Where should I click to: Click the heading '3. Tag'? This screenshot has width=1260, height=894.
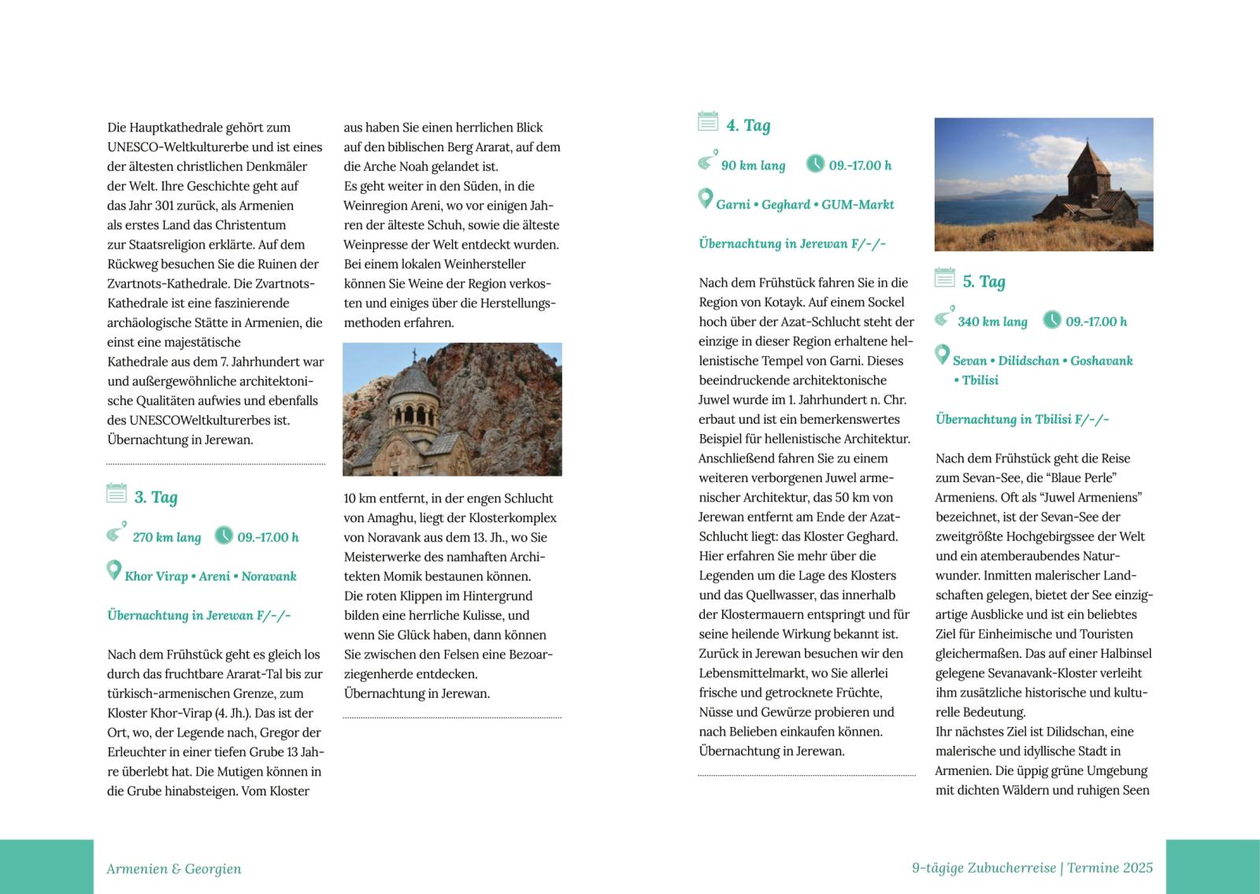click(155, 497)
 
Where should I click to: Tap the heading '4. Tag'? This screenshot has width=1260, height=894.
click(747, 125)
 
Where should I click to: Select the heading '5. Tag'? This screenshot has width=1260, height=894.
click(984, 281)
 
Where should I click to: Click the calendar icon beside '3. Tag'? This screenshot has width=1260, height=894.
click(117, 494)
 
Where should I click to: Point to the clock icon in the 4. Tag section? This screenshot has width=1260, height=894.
click(815, 164)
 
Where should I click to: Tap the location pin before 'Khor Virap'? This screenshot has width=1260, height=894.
click(113, 570)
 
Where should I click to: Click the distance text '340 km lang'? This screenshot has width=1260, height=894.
click(992, 321)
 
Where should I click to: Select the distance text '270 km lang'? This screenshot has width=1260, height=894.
click(166, 537)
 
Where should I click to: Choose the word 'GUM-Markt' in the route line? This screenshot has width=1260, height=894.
click(858, 205)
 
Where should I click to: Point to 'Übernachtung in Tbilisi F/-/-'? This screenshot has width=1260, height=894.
click(1021, 419)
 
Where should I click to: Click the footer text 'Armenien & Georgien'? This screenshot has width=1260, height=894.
click(174, 869)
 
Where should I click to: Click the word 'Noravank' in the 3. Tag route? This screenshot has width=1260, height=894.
click(269, 577)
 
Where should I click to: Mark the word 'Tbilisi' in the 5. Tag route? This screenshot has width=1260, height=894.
click(980, 380)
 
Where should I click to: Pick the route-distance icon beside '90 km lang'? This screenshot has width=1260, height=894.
click(706, 161)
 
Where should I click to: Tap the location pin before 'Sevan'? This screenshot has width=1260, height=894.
click(942, 355)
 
